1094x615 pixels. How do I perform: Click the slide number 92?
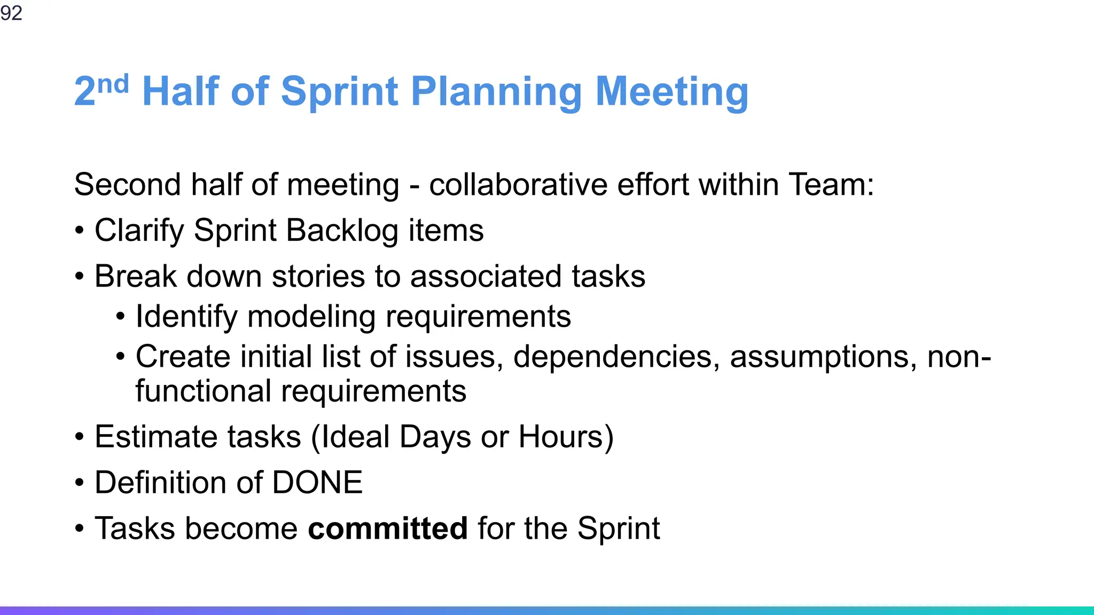click(11, 13)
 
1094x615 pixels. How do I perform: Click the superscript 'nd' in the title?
click(113, 84)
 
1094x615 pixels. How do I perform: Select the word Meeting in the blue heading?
click(671, 92)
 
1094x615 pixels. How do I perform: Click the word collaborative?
click(518, 185)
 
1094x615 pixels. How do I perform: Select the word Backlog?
click(342, 231)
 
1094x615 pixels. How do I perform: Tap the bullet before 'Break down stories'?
click(80, 277)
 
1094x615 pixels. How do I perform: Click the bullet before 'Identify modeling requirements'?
click(121, 317)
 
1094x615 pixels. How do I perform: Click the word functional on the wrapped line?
click(203, 391)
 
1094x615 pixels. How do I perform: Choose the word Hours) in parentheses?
click(566, 437)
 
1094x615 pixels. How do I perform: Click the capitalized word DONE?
click(317, 483)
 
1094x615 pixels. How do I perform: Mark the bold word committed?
click(388, 529)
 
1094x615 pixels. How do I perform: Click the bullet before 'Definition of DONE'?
click(80, 483)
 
